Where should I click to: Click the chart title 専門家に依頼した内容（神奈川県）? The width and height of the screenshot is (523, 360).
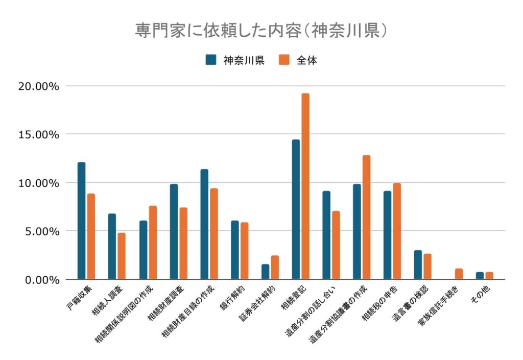(261, 30)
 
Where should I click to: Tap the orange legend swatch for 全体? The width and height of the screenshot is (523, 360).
(284, 60)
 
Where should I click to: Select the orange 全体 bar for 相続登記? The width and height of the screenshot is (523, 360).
(305, 186)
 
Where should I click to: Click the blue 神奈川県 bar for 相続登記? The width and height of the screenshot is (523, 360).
(296, 209)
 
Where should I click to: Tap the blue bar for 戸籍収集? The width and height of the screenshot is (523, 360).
(82, 221)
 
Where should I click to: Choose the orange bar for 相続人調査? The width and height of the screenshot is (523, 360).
(122, 256)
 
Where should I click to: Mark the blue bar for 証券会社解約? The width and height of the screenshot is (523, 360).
(266, 272)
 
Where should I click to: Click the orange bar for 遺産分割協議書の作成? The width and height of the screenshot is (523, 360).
(366, 217)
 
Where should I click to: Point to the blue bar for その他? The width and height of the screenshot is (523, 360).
(480, 276)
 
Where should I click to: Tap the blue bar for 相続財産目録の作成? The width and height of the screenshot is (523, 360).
(204, 224)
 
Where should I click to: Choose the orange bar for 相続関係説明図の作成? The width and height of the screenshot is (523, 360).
(153, 243)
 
